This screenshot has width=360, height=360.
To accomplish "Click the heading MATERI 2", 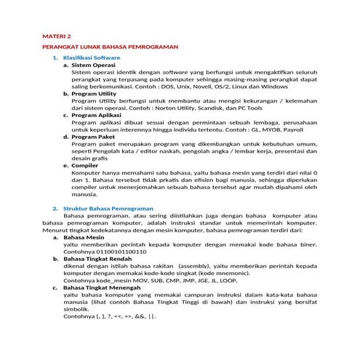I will (x=57, y=35).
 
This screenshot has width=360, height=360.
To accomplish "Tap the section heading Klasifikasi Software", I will (x=92, y=57).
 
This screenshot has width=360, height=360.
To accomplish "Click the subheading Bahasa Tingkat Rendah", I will (x=103, y=258).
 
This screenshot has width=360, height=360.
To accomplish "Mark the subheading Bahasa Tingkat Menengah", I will (x=107, y=287).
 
